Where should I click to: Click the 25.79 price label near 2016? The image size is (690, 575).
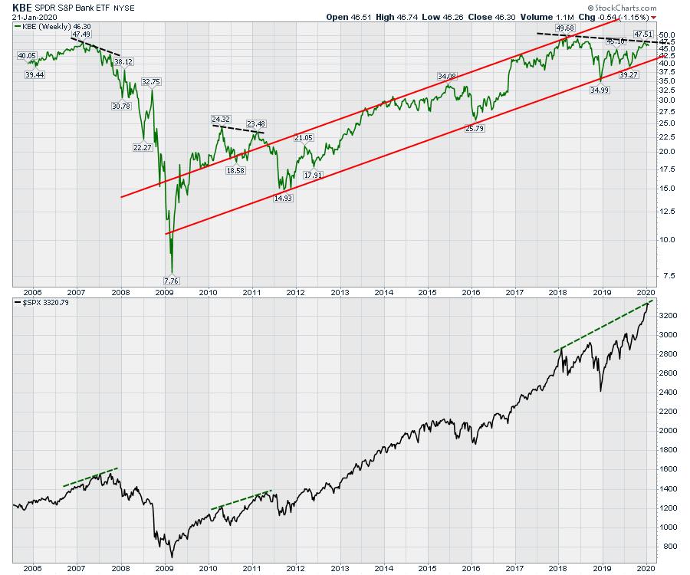pos(476,128)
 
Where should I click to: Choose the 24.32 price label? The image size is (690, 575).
pos(220,120)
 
